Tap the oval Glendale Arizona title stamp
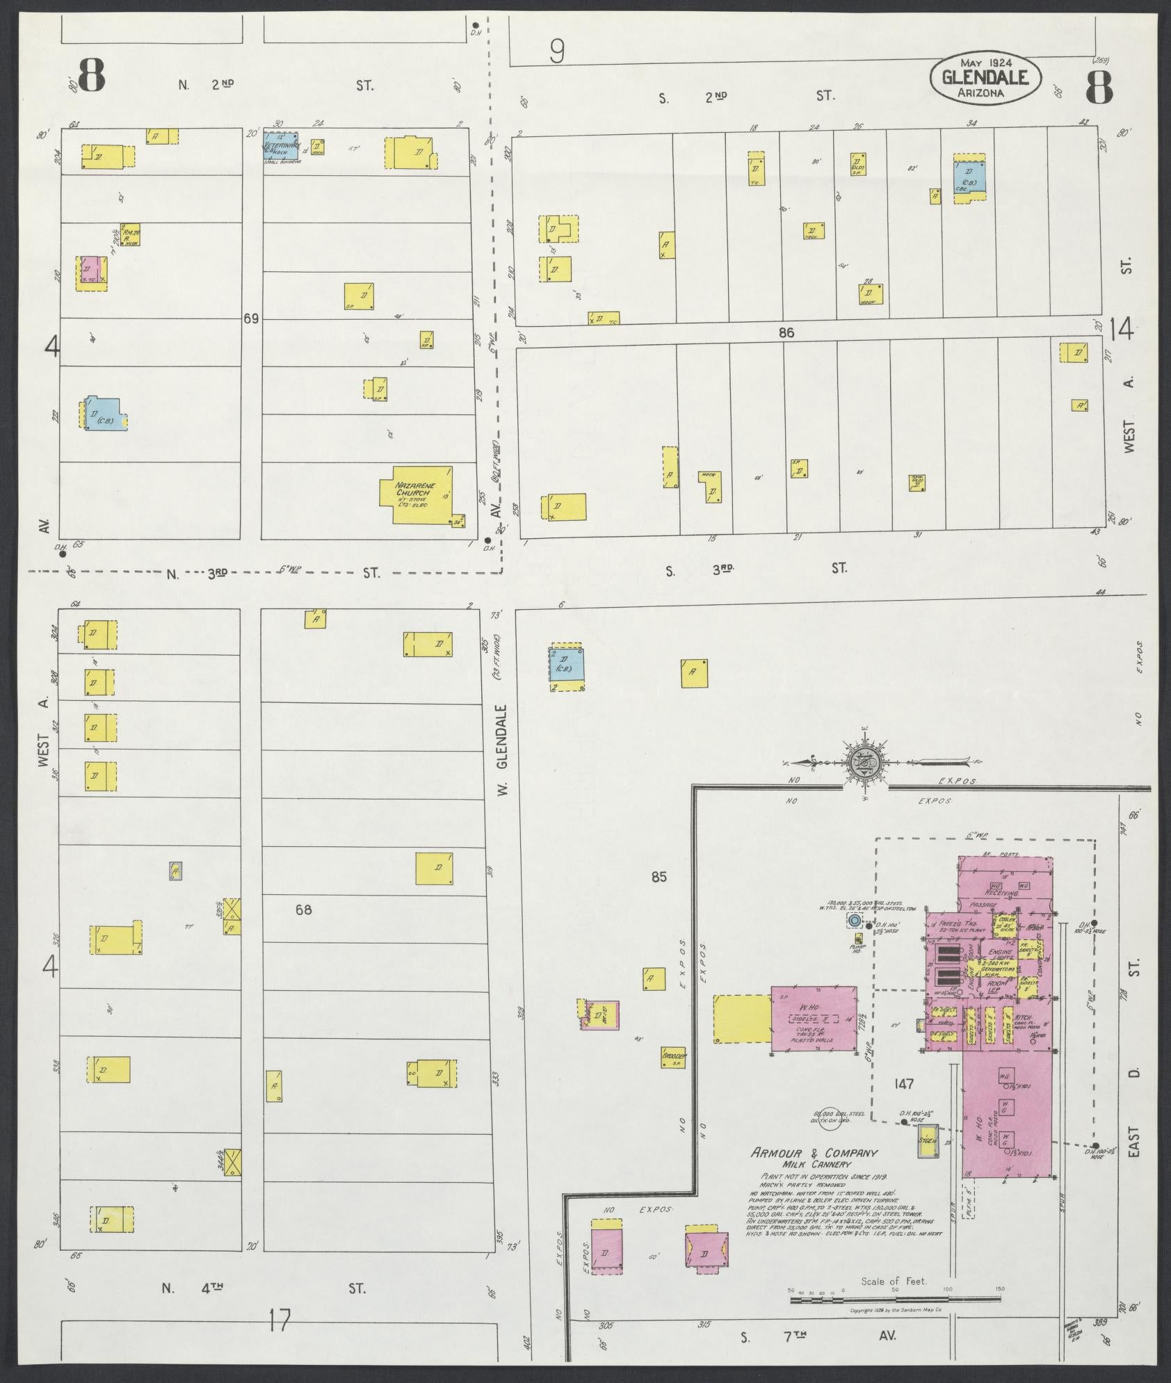985,79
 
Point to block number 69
251,318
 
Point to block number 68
304,909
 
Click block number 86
786,333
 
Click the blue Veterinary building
281,147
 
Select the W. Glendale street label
504,751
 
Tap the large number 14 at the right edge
1122,329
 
